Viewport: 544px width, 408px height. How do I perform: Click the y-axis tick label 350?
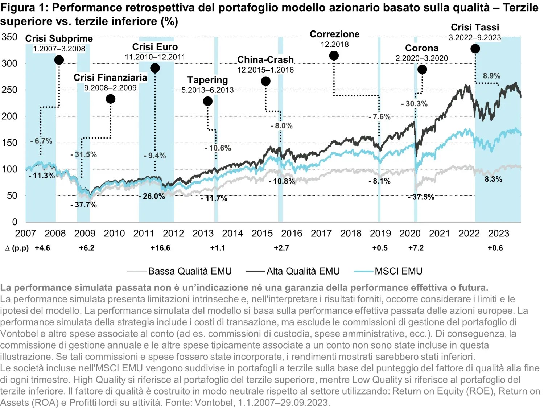[x=9, y=37]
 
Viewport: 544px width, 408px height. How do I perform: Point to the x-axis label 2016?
[x=292, y=234]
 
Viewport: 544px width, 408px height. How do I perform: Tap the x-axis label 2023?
[x=499, y=234]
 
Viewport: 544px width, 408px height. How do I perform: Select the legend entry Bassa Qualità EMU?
[x=190, y=271]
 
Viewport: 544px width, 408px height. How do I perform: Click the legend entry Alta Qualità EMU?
[x=303, y=271]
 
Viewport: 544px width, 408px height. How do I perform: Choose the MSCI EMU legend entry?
[x=398, y=271]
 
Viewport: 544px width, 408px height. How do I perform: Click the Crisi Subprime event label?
[x=59, y=38]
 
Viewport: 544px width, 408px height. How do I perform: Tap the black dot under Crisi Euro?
[x=155, y=68]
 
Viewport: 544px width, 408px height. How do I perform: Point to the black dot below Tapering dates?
[x=208, y=101]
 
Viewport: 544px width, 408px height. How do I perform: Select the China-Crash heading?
[x=265, y=60]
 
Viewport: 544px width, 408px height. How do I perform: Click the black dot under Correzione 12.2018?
[x=334, y=55]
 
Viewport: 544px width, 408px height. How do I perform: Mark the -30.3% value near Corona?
[x=414, y=104]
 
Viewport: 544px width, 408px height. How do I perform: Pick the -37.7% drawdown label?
[x=83, y=205]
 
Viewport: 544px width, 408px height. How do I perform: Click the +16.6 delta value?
[x=160, y=248]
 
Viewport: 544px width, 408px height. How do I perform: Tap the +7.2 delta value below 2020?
[x=416, y=248]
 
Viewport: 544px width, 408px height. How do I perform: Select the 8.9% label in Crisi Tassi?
[x=491, y=76]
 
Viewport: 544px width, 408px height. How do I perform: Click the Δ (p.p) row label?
[x=17, y=248]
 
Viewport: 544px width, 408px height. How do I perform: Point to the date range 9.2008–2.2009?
[x=110, y=88]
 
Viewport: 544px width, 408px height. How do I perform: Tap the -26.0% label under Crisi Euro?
[x=152, y=196]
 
